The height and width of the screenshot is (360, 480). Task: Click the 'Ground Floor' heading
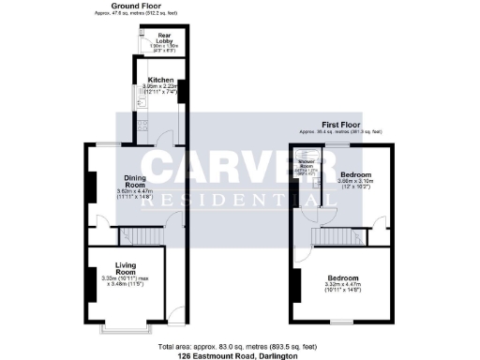[x=132, y=6]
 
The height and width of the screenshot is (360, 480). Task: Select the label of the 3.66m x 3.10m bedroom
[x=356, y=175]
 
